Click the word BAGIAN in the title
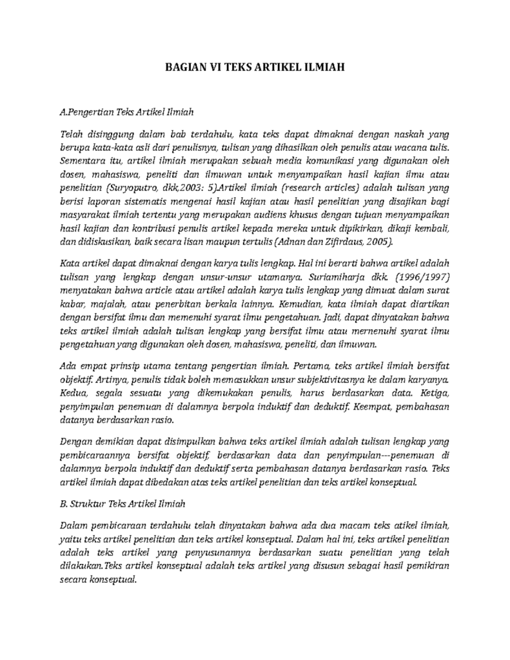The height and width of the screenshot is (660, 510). click(x=182, y=66)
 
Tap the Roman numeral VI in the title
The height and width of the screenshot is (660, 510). click(x=213, y=66)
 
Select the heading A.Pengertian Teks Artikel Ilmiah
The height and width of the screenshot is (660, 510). click(x=126, y=112)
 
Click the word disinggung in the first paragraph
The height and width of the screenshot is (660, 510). click(x=104, y=135)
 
